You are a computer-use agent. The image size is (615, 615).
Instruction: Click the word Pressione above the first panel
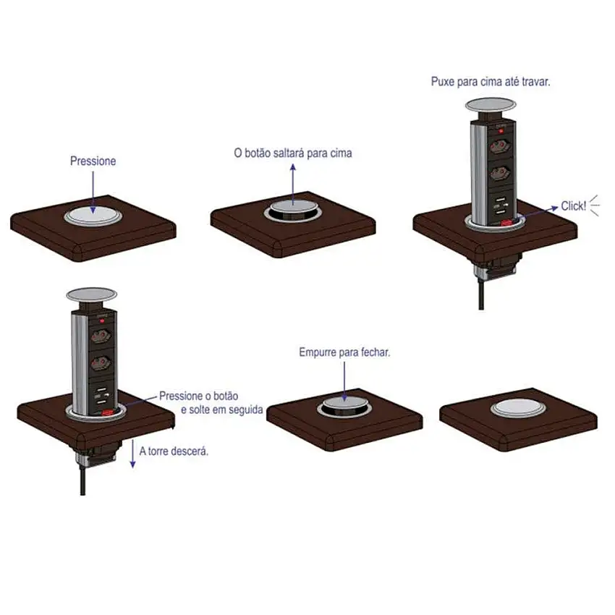pos(93,161)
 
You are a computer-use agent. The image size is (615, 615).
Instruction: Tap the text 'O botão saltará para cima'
pos(292,153)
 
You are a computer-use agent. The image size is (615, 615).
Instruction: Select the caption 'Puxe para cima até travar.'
pos(491,82)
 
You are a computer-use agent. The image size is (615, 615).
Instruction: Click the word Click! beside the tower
pos(574,206)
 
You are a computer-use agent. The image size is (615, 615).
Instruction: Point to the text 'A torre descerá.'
pos(174,451)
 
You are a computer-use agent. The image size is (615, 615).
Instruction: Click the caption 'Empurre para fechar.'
pos(344,352)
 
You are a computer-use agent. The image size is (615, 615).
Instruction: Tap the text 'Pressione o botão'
pos(198,396)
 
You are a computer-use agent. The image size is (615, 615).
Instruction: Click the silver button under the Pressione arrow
pos(93,214)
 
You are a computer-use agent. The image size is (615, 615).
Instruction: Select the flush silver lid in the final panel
pos(519,410)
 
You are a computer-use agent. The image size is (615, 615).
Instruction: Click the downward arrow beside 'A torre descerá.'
pos(132,454)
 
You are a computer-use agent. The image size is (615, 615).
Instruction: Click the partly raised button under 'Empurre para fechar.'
pos(344,407)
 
